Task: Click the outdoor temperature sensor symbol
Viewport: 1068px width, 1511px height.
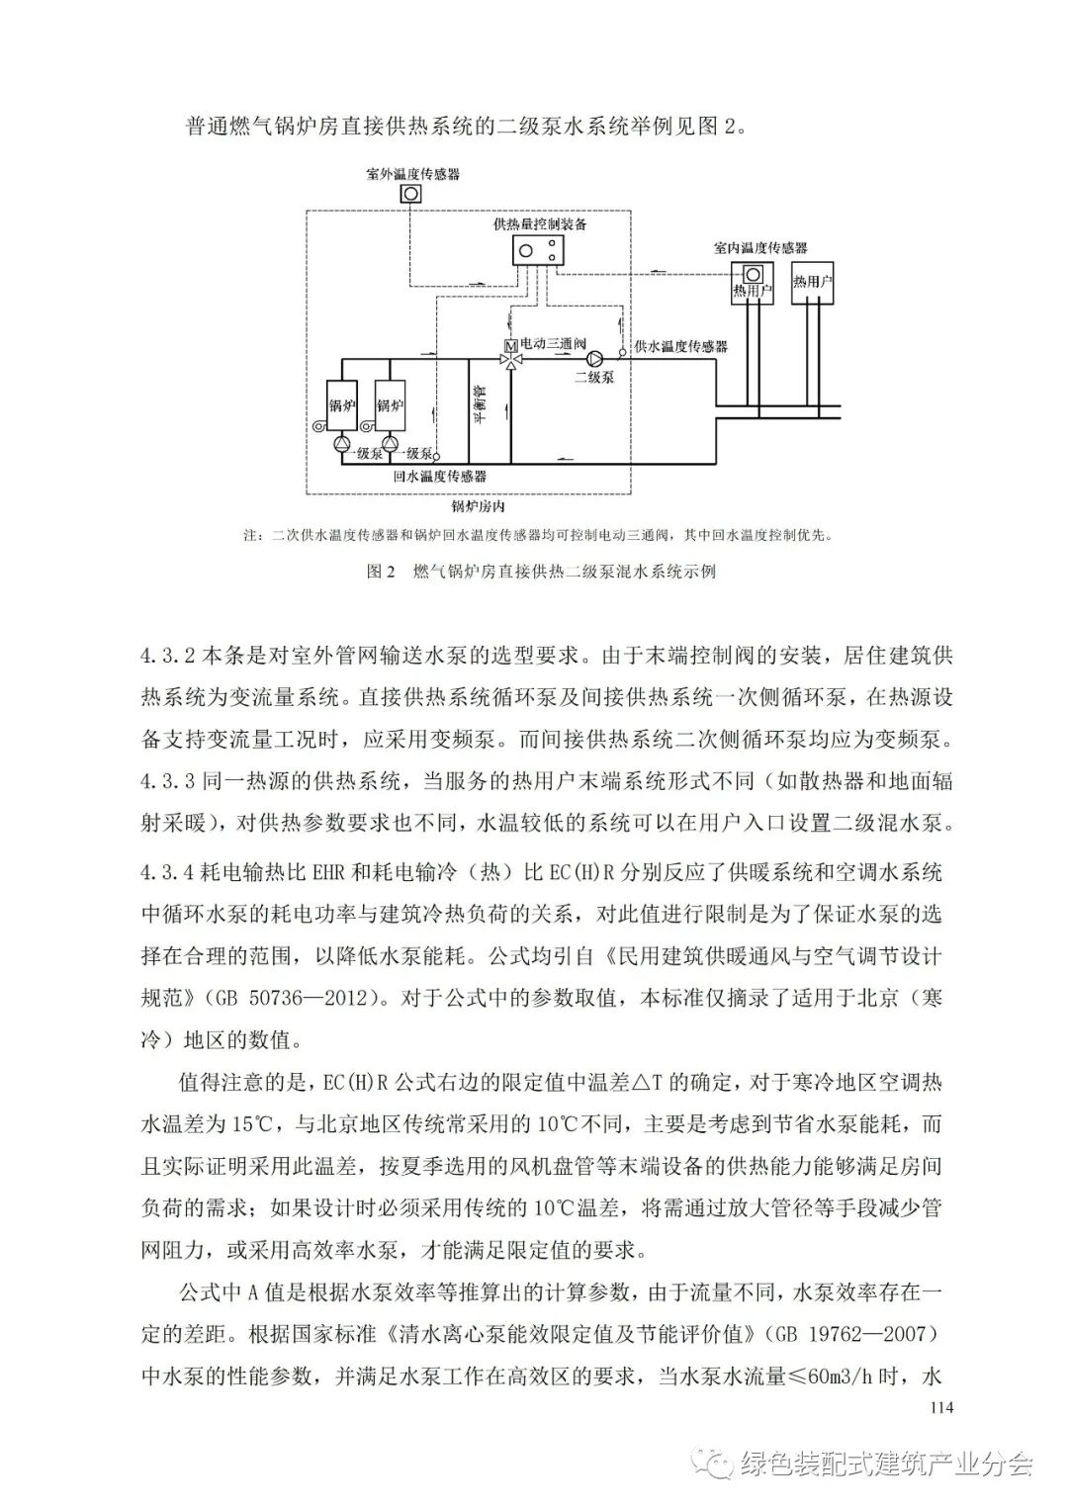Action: (x=410, y=194)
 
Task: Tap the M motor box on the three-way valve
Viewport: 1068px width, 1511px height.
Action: (x=510, y=345)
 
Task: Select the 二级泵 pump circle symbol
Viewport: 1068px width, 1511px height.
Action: (x=596, y=360)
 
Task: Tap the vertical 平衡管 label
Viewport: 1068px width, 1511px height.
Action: (x=478, y=404)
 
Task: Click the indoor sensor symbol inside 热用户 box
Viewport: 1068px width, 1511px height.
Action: (x=754, y=274)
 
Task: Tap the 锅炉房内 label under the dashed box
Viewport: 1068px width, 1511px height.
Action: (x=479, y=506)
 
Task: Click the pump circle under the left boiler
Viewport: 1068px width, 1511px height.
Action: (x=342, y=445)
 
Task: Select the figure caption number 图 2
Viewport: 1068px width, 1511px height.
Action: (x=381, y=572)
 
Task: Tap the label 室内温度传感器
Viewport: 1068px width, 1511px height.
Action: (x=760, y=247)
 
